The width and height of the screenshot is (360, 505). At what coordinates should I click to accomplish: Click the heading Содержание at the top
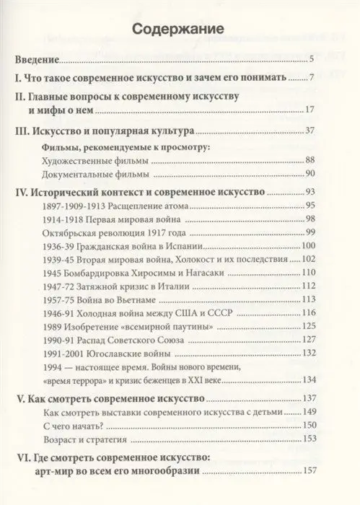pos(180,30)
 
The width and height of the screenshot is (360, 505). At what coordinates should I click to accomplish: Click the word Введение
pos(39,61)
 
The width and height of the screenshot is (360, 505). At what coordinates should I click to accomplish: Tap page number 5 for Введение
pos(309,61)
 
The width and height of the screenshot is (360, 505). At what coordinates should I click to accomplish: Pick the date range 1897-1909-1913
pos(77,206)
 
